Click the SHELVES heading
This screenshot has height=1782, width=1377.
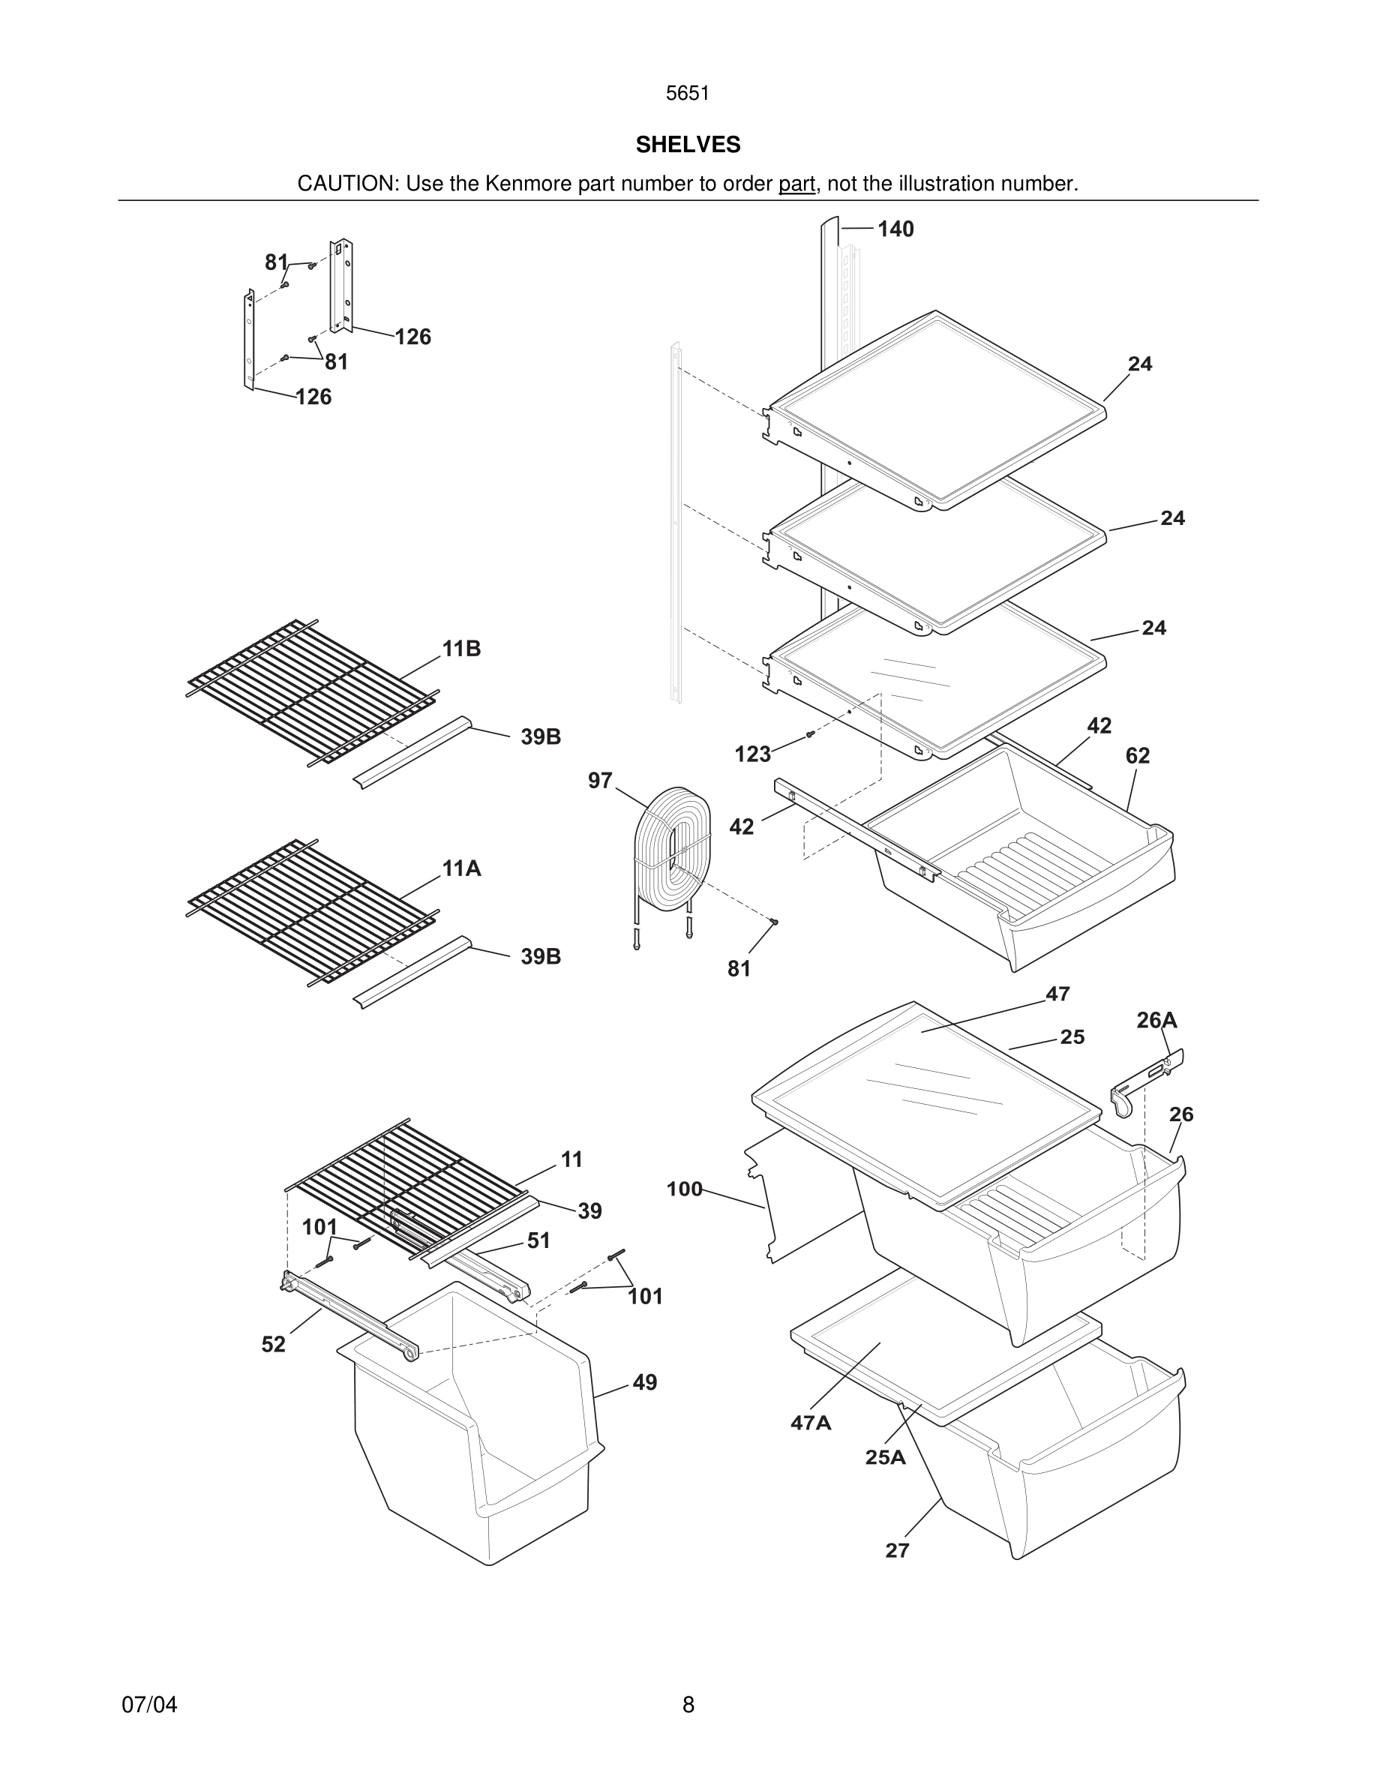coord(688,145)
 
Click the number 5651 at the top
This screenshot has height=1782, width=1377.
coord(688,94)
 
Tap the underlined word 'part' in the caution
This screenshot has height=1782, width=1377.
coord(797,184)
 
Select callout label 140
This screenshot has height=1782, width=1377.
coord(895,230)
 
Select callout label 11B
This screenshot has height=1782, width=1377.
coord(462,649)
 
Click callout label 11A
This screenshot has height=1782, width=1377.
coord(462,869)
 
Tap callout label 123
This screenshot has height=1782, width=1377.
coord(752,754)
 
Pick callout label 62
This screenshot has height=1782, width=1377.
coord(1137,756)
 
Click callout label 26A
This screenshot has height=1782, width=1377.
coord(1156,1020)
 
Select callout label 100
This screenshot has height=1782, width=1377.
coord(685,1189)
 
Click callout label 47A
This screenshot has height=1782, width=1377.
coord(811,1423)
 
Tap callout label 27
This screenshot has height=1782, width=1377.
coord(897,1551)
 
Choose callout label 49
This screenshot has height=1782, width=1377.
coord(644,1383)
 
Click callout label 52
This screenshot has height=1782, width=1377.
coord(273,1345)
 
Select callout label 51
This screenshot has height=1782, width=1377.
coord(538,1241)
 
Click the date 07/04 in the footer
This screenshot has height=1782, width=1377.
coord(149,1705)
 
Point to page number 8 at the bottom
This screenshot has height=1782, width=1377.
coord(688,1705)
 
